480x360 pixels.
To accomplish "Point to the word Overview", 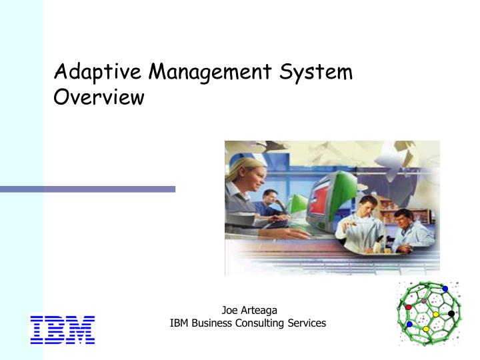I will coord(99,97).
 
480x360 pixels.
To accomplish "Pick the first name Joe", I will coord(229,309).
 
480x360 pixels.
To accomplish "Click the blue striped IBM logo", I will coord(63,330).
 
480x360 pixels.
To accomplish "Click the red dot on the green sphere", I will coord(409,307).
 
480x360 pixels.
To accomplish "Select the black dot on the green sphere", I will coord(451,314).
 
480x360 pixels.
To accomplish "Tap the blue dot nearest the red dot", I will coord(409,325).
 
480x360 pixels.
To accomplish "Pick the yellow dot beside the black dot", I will coord(435,315).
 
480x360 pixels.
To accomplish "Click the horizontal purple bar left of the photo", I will coord(87,189).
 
